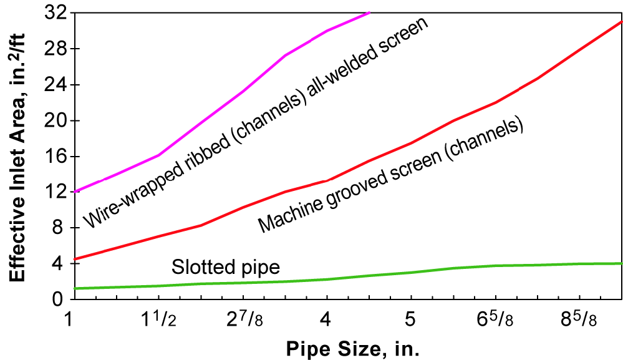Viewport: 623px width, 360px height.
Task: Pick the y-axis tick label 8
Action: (x=57, y=228)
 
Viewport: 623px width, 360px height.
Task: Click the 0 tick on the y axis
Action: (x=57, y=299)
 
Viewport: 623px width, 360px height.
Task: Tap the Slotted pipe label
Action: (x=225, y=268)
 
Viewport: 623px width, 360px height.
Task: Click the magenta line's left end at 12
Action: (x=75, y=191)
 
